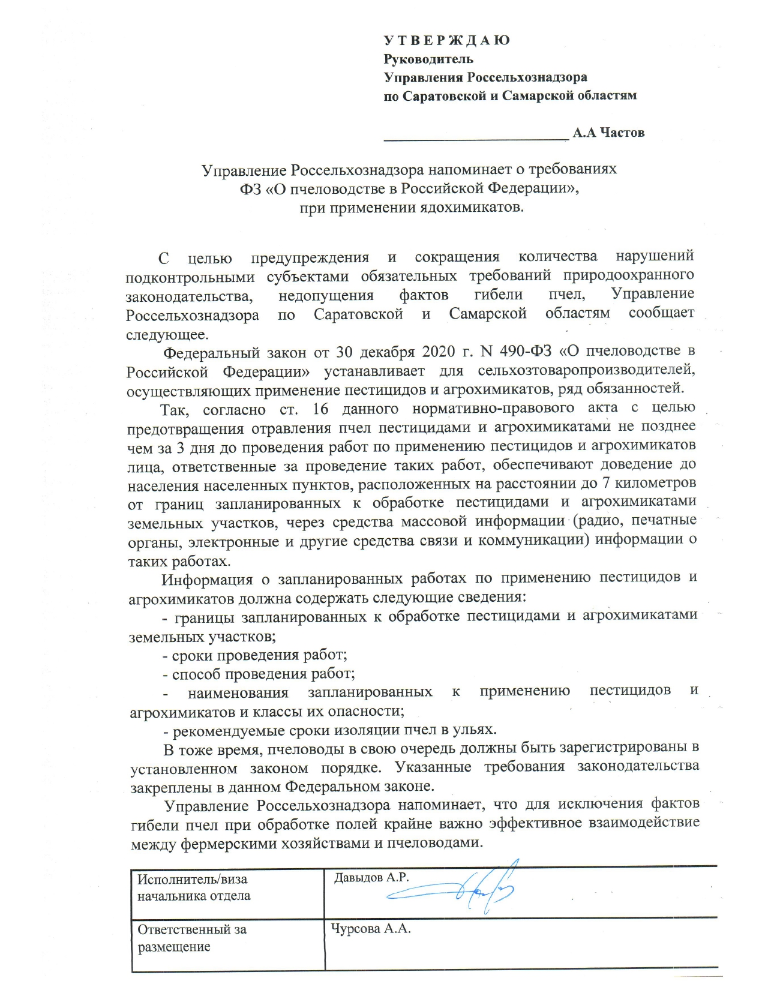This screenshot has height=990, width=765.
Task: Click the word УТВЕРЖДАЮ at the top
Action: pos(447,41)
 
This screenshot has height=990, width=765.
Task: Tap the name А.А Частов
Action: pos(608,133)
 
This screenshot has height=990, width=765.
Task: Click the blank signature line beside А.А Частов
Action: pos(476,137)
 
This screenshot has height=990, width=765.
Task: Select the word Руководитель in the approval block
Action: pos(428,59)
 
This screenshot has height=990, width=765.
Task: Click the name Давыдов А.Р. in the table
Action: pos(371,877)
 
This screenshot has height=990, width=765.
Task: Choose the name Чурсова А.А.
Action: pos(370,929)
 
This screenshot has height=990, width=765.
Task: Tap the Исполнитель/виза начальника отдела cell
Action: pos(194,887)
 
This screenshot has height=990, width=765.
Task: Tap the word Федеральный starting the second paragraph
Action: pos(212,352)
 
